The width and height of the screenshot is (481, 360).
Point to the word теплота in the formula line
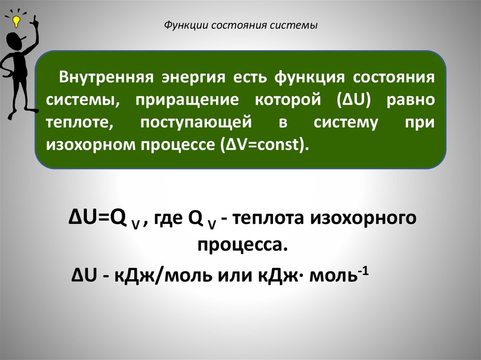coord(267,219)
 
